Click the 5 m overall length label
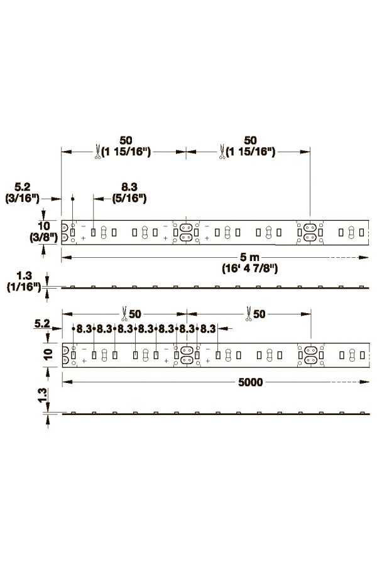point(249,257)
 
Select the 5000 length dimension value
point(250,382)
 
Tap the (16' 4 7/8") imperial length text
point(249,269)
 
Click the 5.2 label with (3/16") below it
point(23,187)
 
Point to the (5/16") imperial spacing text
point(129,198)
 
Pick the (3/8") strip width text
point(43,237)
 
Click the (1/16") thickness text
point(24,287)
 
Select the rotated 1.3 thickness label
point(42,396)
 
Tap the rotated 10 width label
point(48,355)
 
